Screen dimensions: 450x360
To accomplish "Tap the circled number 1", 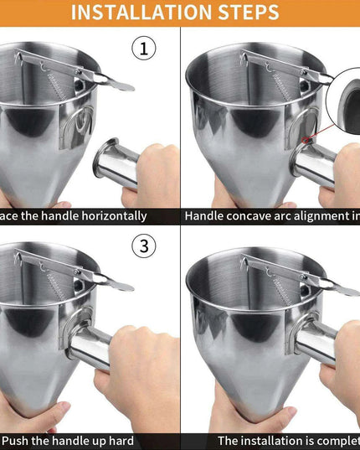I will tap(144, 49).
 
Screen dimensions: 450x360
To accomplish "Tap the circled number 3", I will tap(144, 246).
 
